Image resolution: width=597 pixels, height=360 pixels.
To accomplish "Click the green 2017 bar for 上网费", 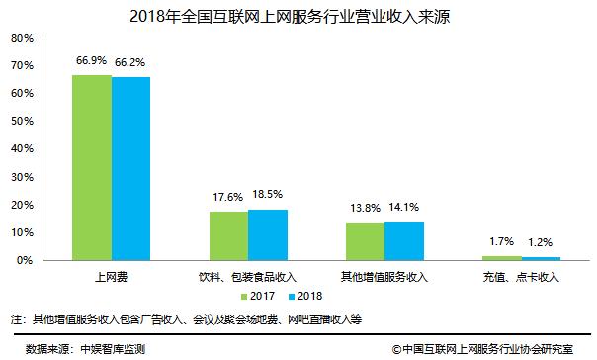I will (x=91, y=167).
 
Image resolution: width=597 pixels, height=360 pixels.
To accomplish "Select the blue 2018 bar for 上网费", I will (x=130, y=168).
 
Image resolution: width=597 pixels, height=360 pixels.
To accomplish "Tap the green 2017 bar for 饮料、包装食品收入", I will (x=228, y=235).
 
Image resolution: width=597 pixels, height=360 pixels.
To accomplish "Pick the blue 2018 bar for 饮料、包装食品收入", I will (x=268, y=234).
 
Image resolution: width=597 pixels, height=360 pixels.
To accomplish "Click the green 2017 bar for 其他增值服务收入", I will (x=365, y=240).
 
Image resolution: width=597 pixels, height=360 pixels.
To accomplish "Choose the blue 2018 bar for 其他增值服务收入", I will (x=404, y=240).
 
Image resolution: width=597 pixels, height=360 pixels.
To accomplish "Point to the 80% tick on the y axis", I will (x=21, y=38).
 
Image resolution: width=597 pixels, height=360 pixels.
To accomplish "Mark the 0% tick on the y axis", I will (x=24, y=260).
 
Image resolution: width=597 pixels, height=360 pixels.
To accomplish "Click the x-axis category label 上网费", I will (x=111, y=276).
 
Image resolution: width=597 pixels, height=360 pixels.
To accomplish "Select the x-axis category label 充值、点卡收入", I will (x=522, y=276).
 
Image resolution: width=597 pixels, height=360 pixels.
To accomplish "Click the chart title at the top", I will (x=299, y=13).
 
